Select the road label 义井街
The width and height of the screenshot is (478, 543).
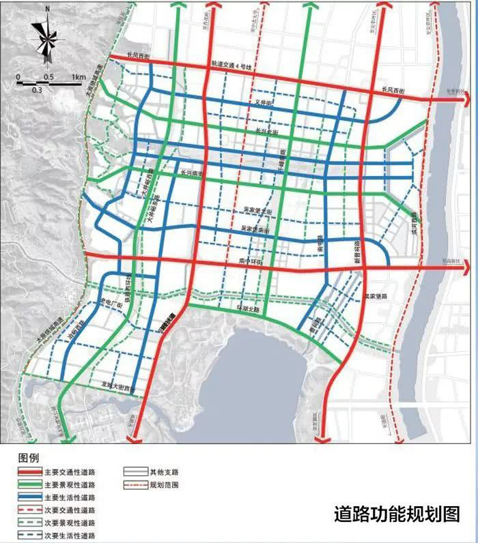click(x=263, y=104)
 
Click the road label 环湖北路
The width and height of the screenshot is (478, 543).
click(x=248, y=308)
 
